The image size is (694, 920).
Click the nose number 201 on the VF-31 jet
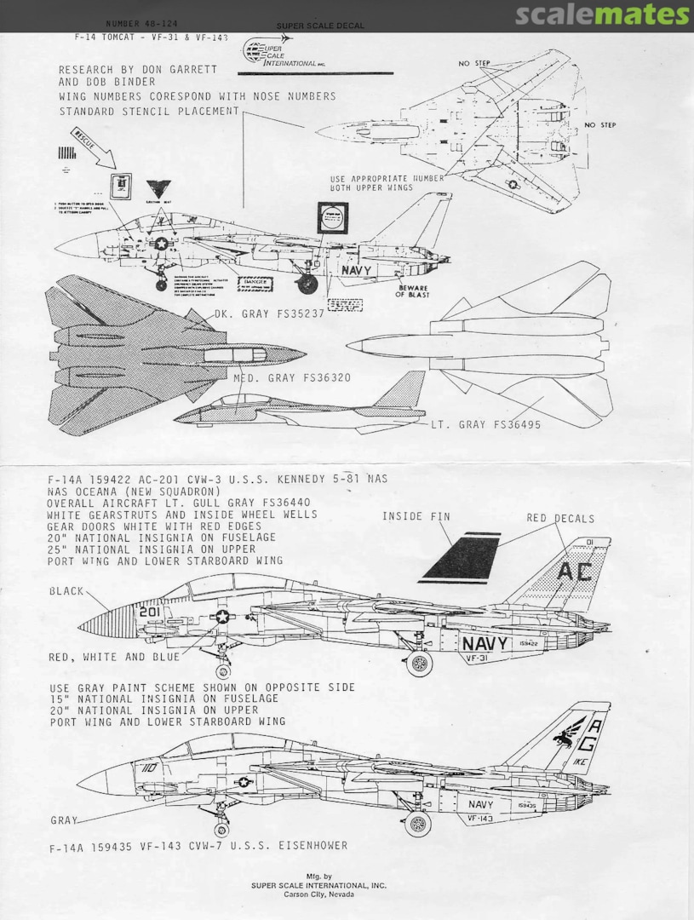(x=150, y=612)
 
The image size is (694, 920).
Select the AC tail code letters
(x=576, y=572)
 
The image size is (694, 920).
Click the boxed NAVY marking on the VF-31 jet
(x=487, y=643)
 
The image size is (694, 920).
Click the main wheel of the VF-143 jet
(x=417, y=823)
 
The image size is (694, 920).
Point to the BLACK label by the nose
(x=66, y=591)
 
